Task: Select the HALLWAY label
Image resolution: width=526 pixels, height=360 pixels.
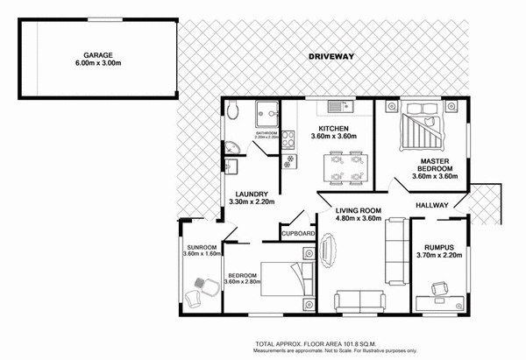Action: [x=433, y=207]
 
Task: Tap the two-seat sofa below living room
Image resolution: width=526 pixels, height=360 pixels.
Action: [x=358, y=300]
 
